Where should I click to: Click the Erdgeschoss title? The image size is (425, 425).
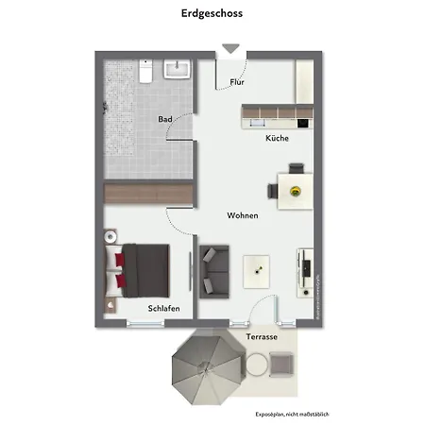click(212, 14)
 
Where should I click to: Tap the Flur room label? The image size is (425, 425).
click(237, 82)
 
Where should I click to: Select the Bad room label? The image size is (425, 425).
click(165, 119)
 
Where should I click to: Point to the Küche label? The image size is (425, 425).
click(277, 138)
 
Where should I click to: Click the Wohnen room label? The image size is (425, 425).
click(243, 215)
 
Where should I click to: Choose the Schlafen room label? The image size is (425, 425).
click(163, 308)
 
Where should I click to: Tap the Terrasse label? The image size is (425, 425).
click(262, 336)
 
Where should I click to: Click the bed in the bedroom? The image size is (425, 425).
click(142, 265)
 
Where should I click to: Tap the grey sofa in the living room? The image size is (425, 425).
click(213, 269)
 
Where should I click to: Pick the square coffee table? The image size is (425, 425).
click(257, 271)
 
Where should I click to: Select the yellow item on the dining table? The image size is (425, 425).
click(295, 191)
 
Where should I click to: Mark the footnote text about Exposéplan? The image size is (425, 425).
click(293, 414)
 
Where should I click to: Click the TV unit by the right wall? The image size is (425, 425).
click(305, 272)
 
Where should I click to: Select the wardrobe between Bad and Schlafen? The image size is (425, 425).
click(148, 193)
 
